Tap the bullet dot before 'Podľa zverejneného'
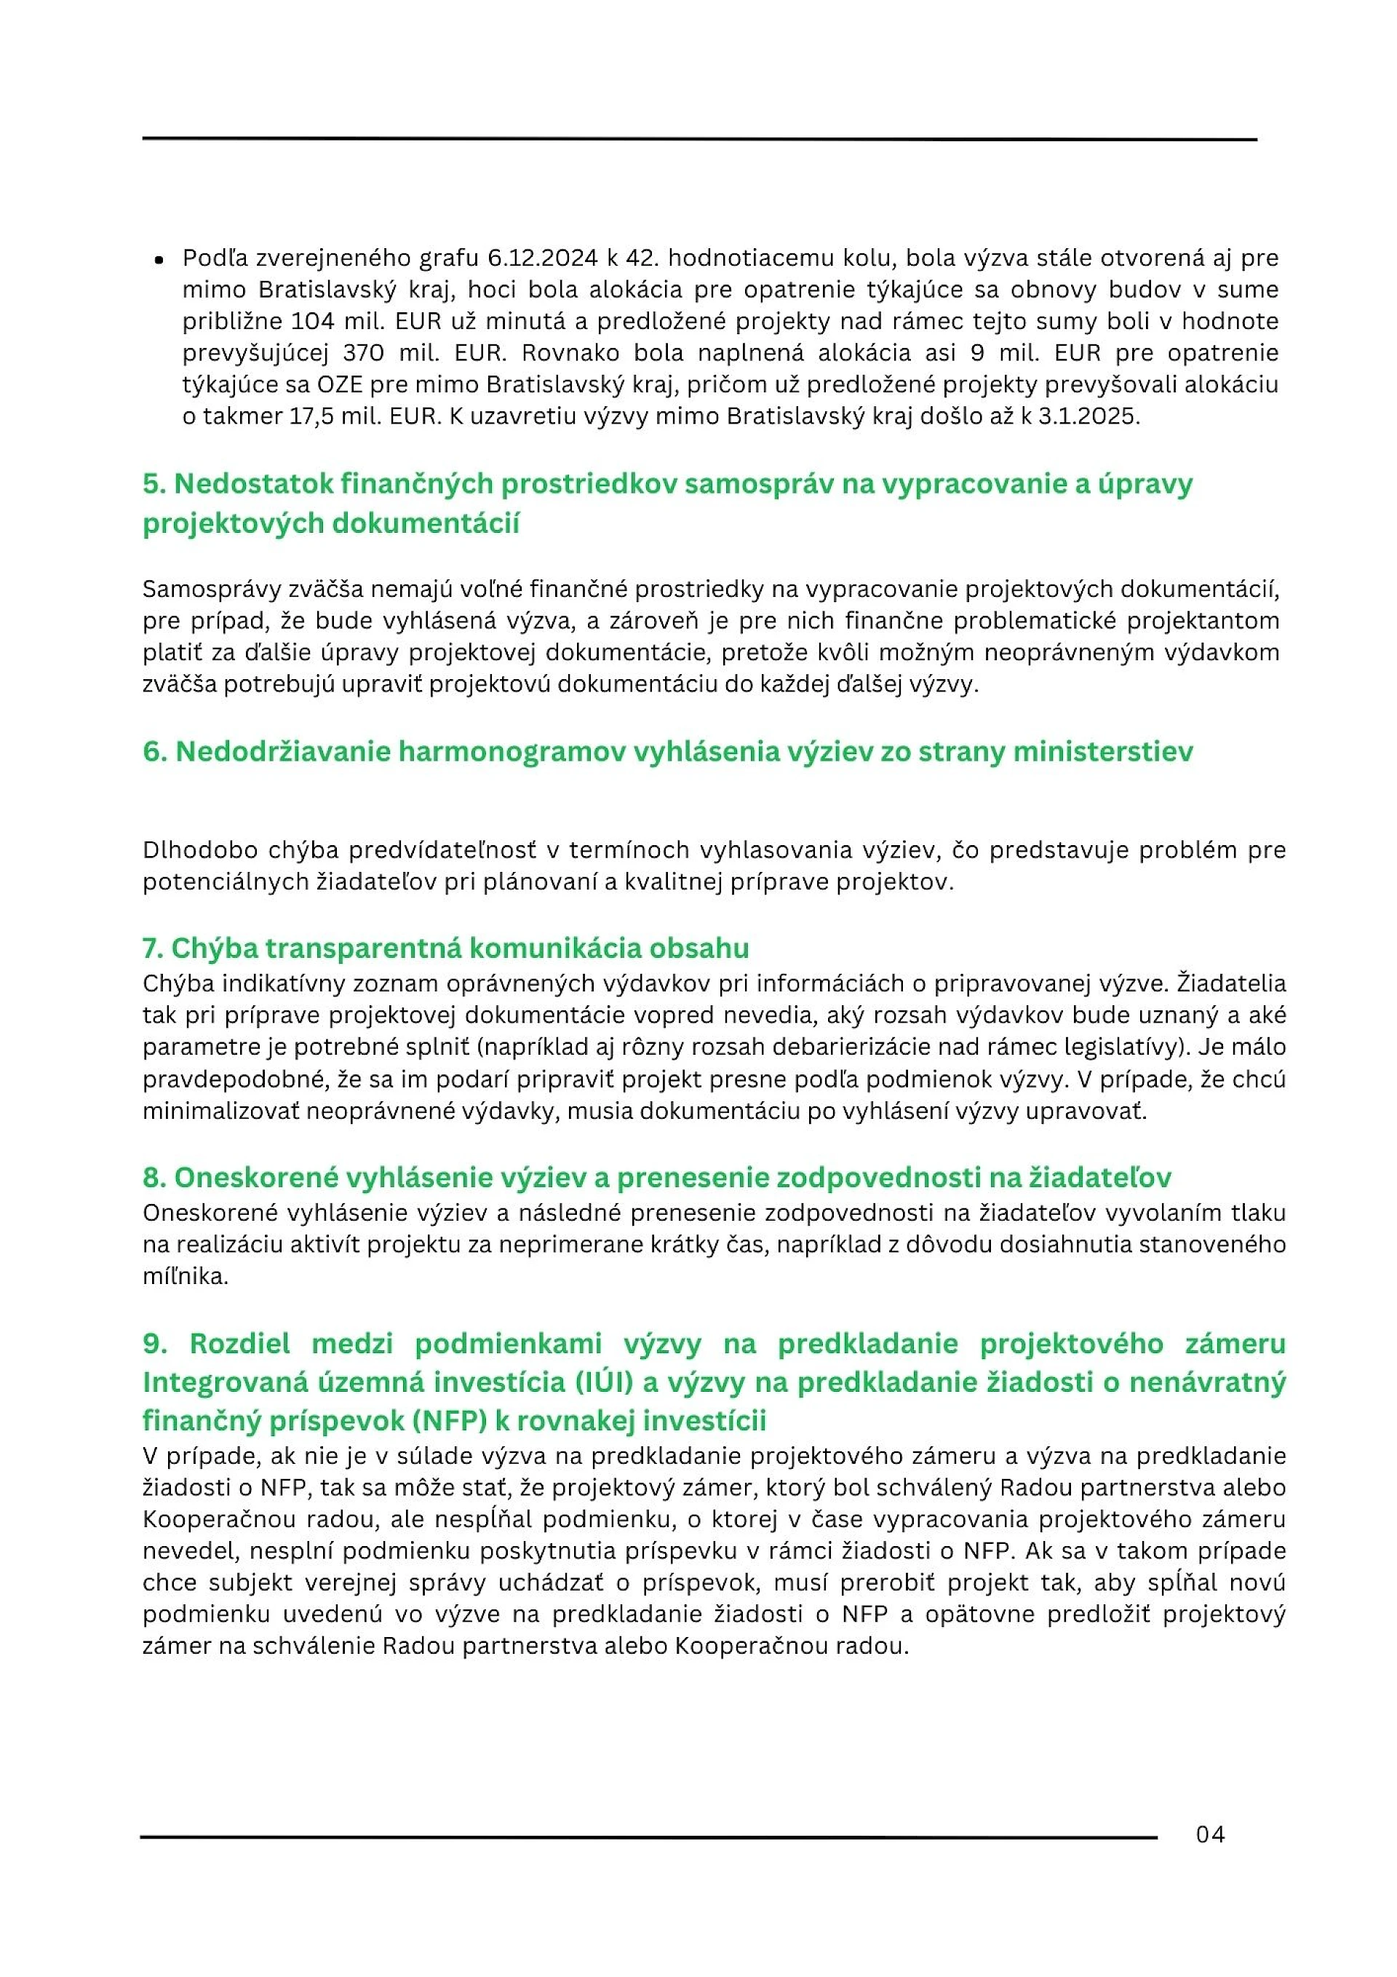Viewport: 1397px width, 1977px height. click(x=159, y=260)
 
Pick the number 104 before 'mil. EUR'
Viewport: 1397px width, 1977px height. click(x=314, y=321)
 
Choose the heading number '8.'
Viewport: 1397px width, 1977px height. click(x=154, y=1177)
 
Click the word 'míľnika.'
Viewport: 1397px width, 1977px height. click(x=185, y=1276)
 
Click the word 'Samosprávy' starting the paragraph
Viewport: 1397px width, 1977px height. click(x=207, y=589)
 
